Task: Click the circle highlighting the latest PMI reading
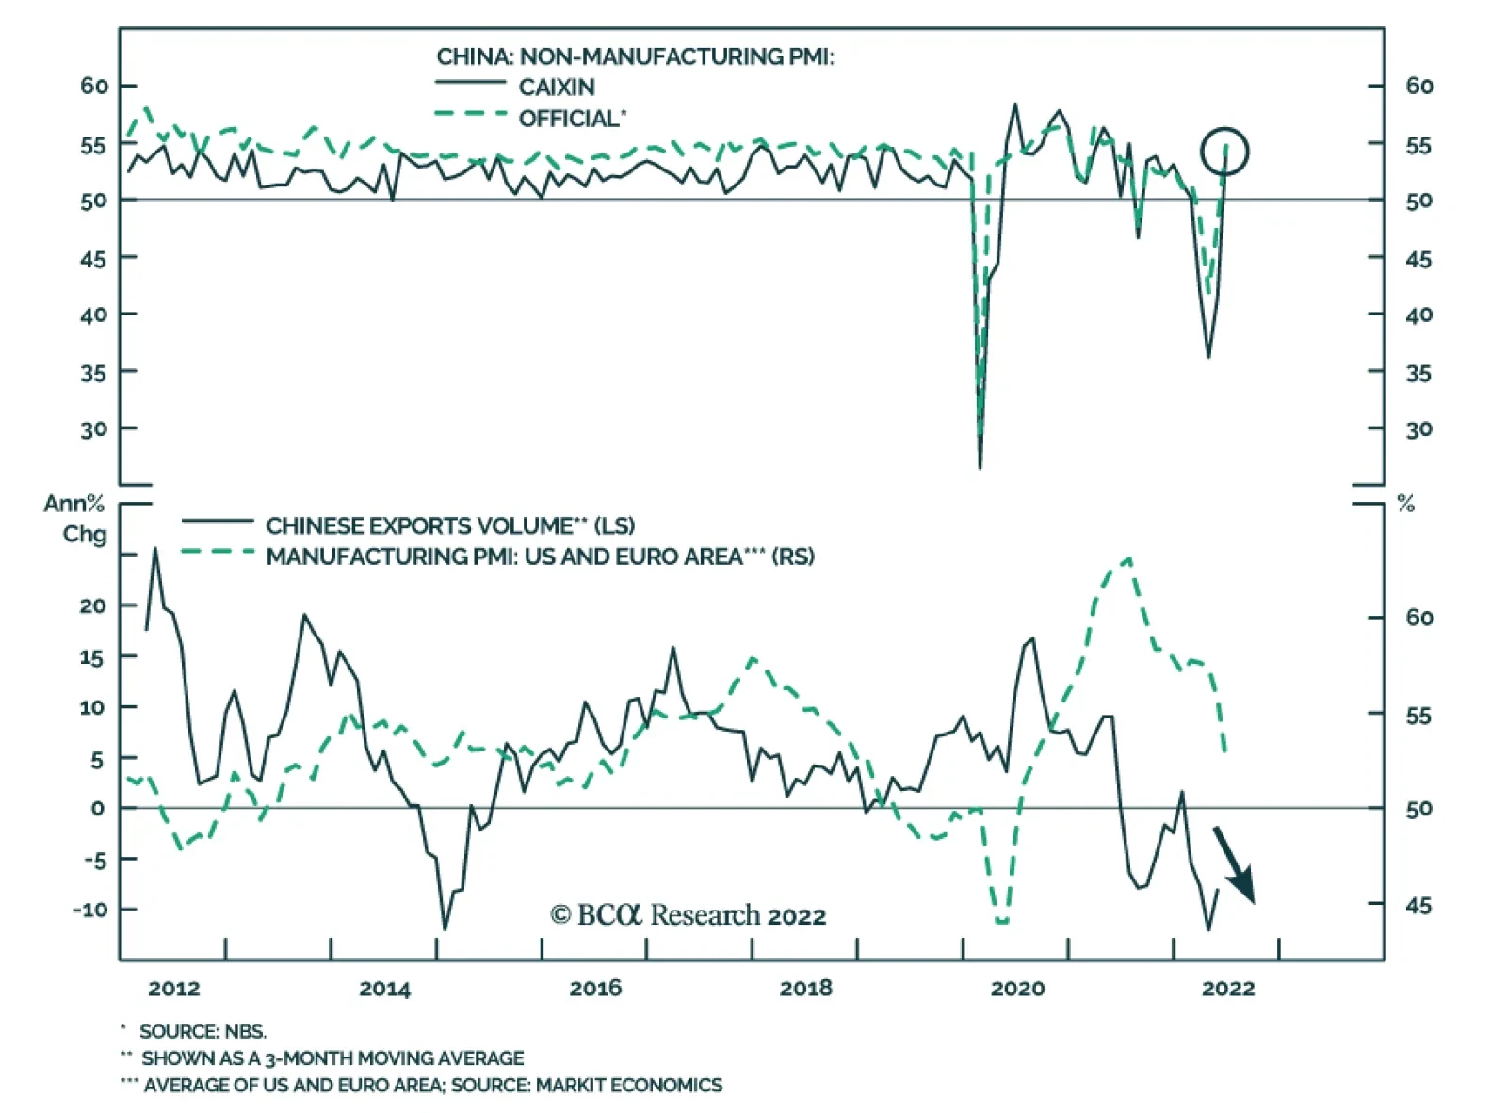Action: coord(1223,152)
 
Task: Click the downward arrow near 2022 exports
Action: coord(1235,865)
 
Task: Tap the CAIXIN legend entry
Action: coord(556,88)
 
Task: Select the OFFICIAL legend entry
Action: coord(571,119)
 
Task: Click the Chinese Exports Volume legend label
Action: coord(450,525)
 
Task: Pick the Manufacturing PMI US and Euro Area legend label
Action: coord(540,556)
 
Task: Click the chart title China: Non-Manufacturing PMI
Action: coord(635,56)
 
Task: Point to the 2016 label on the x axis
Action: coord(595,988)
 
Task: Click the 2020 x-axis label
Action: coord(1017,988)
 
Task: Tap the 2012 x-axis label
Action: coord(174,988)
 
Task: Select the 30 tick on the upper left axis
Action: coord(93,429)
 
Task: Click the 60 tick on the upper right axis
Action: coord(1418,86)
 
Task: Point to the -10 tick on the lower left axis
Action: coord(90,910)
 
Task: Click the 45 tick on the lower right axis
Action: coord(1418,905)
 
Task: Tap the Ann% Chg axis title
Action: coord(75,518)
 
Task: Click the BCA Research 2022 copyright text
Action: coord(688,915)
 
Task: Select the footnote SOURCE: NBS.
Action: coord(203,1031)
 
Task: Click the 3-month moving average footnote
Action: coord(332,1058)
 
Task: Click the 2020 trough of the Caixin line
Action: coord(980,466)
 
